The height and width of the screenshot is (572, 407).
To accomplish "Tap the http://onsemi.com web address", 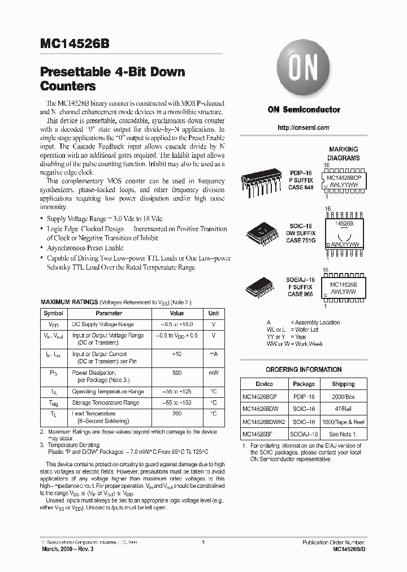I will tap(304, 128).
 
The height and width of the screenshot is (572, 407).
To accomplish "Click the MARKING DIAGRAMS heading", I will tap(343, 154).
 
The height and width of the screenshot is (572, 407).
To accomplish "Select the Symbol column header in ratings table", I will tap(54, 313).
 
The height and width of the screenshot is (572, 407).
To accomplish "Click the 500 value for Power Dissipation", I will tap(177, 373).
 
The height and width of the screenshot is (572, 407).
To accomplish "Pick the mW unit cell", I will tap(213, 373).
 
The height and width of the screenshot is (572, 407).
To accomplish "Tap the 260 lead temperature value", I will tap(177, 414).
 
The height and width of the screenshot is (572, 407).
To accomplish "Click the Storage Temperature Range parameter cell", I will tap(105, 403).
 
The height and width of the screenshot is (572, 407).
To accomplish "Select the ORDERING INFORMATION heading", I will tap(304, 370).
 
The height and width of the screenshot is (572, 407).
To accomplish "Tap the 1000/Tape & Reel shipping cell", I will tap(343, 422).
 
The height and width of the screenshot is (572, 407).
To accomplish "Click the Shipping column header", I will tap(343, 384).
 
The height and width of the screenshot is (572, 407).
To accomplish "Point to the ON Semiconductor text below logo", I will tap(304, 110).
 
